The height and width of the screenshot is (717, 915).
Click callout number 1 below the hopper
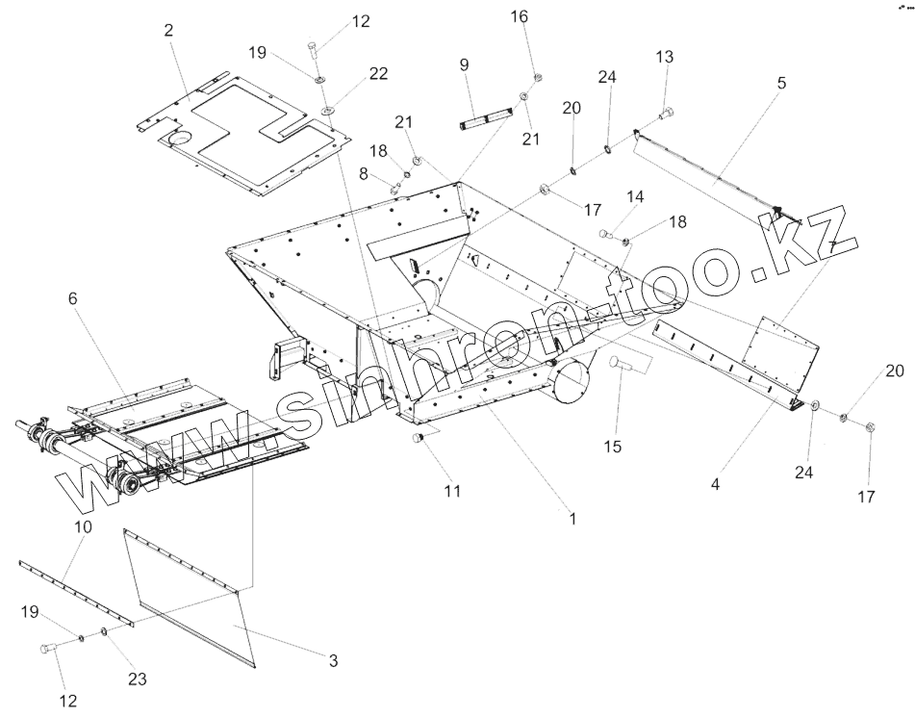tap(572, 519)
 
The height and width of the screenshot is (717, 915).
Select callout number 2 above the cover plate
tap(168, 30)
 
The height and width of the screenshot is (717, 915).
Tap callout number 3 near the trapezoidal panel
tap(333, 660)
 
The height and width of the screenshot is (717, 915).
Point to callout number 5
tap(781, 83)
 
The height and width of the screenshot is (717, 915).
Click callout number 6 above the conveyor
tap(72, 299)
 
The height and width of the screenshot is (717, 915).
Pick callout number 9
tap(465, 65)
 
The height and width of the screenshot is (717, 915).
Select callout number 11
tap(452, 491)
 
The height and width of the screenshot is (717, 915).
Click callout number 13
tap(666, 57)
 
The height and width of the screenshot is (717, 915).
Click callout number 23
tap(138, 679)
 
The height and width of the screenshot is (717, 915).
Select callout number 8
tap(364, 173)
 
